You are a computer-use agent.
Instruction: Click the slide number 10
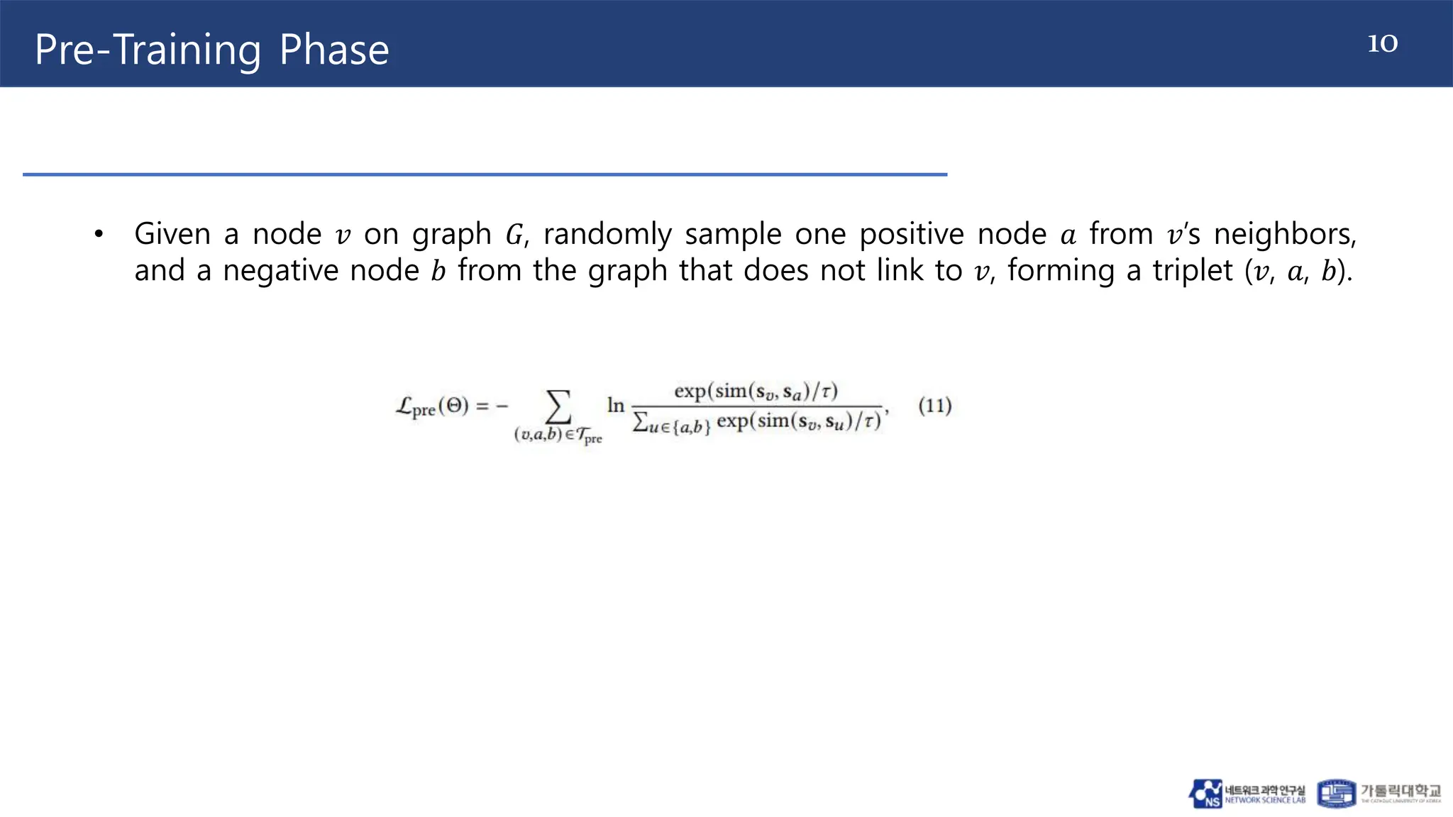(x=1382, y=43)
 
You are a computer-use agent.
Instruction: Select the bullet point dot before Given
(x=99, y=234)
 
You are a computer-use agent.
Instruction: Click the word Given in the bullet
(x=172, y=234)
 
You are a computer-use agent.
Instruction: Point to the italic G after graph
(x=514, y=235)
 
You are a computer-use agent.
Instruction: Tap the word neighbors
(x=1285, y=234)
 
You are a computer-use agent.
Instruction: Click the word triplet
(x=1193, y=271)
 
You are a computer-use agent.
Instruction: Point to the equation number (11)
(x=934, y=406)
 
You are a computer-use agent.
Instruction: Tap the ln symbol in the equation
(x=615, y=405)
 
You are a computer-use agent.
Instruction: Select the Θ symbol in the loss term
(x=454, y=406)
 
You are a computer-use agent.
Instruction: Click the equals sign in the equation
(x=482, y=406)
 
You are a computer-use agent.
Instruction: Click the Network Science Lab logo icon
(x=1205, y=794)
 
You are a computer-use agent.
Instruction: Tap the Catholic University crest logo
(x=1336, y=794)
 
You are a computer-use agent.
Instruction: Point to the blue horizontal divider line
(x=485, y=174)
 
